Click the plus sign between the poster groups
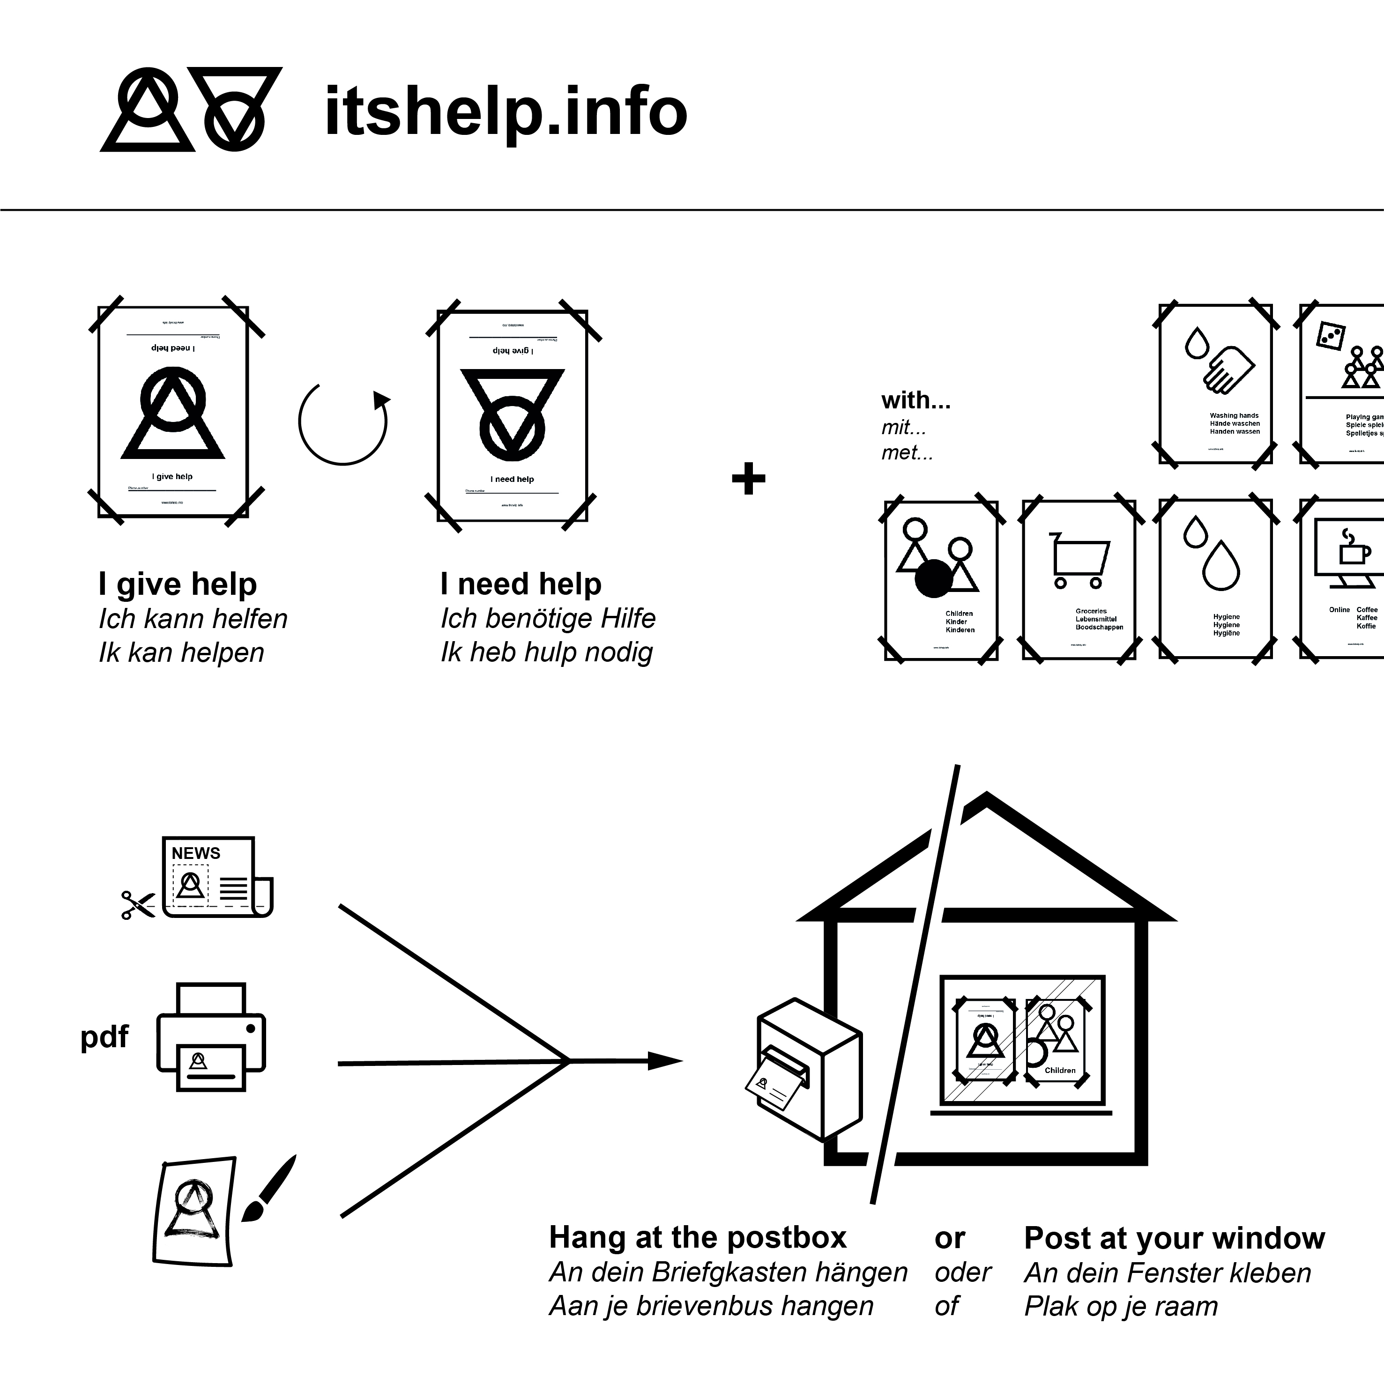pos(749,479)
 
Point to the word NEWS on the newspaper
pos(195,853)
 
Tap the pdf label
pos(104,1036)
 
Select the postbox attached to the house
pos(810,1068)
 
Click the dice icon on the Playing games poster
pos(1330,336)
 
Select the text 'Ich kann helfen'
pos(193,619)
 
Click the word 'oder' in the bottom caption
pos(962,1272)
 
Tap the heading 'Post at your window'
pos(1174,1238)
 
